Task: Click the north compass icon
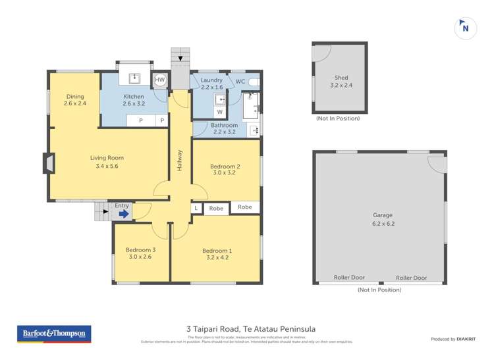tap(466, 28)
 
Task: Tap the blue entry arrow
tap(123, 214)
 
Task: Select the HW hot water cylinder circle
tap(159, 80)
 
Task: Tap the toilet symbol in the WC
tap(255, 82)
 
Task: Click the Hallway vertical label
tap(179, 162)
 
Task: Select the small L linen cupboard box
tap(196, 208)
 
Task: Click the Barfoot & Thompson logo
tap(53, 334)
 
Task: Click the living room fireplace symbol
tap(48, 163)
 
